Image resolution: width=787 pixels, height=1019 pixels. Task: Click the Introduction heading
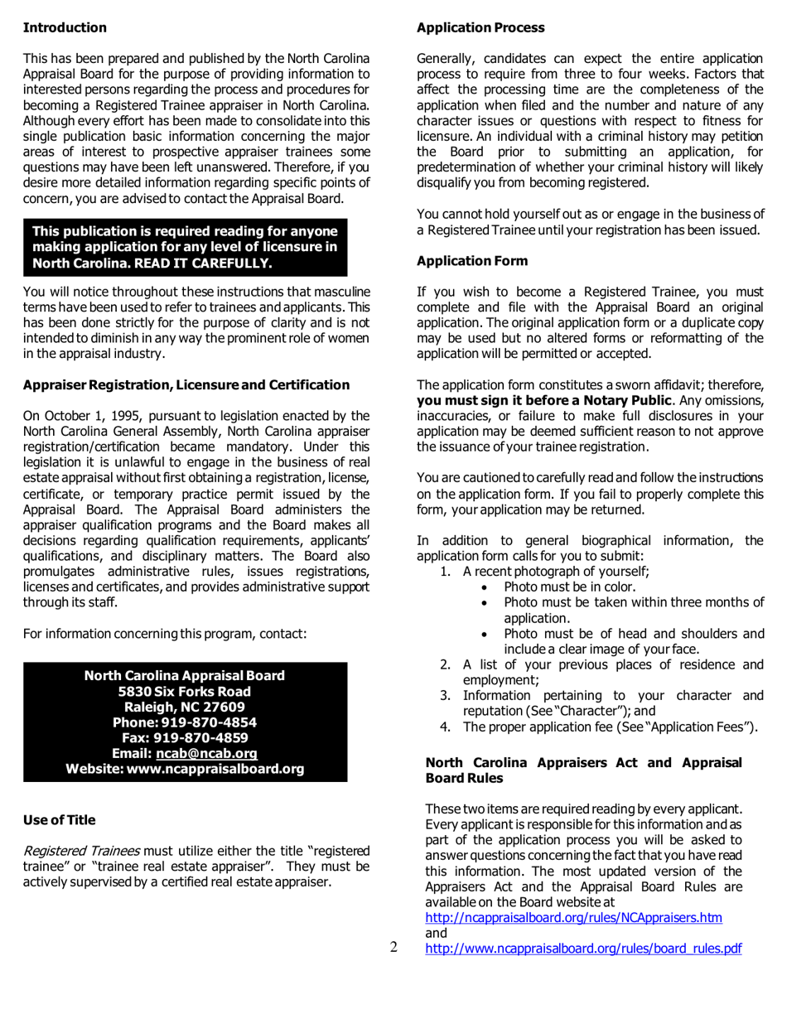point(65,28)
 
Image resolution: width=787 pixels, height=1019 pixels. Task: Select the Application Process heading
point(480,28)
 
